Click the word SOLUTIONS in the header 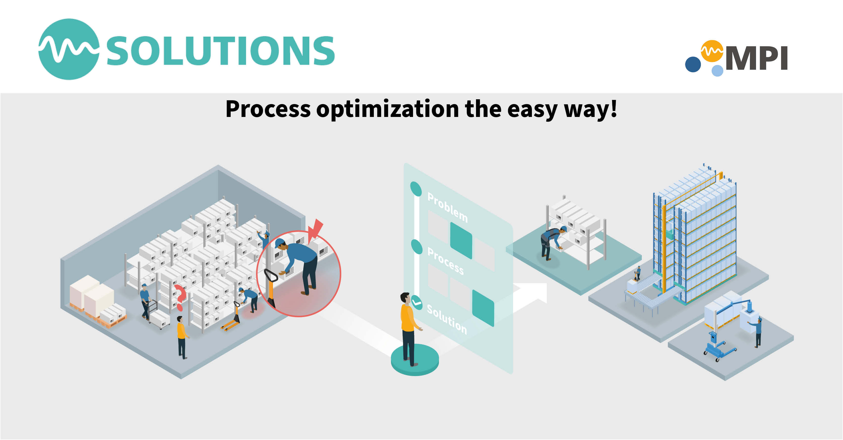click(220, 51)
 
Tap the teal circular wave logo click(69, 49)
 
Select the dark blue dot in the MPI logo click(693, 64)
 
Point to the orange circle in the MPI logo click(712, 51)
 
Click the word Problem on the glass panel click(447, 207)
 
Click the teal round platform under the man click(415, 361)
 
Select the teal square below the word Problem click(461, 240)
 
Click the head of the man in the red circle click(280, 244)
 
